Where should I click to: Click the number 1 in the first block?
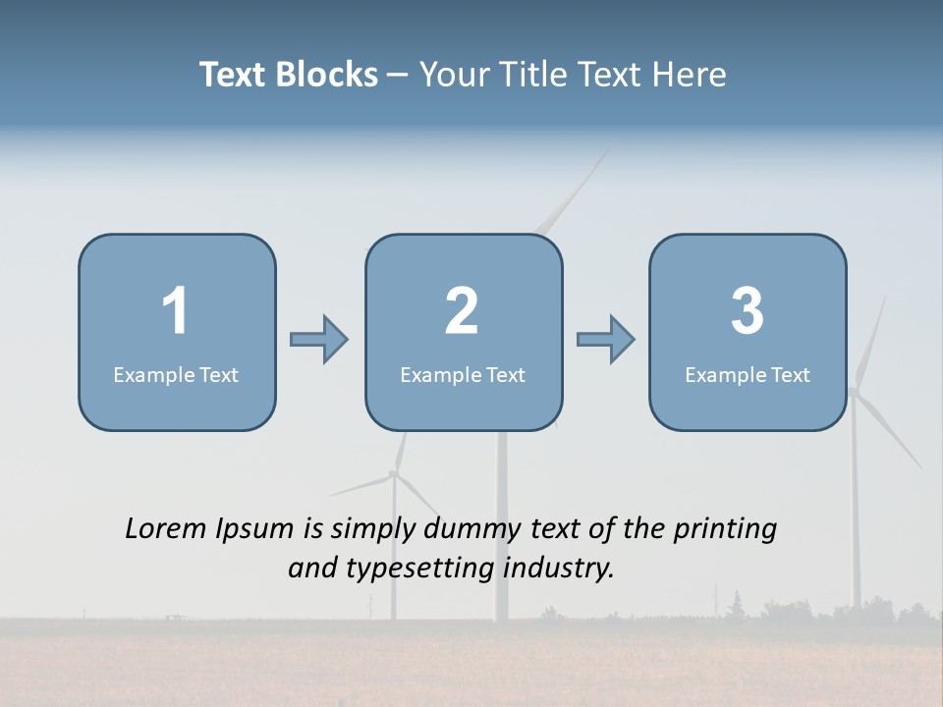[x=176, y=311]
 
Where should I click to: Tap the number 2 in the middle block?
[x=462, y=311]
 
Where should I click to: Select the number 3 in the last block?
[x=748, y=311]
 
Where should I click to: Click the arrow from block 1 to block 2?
[x=319, y=340]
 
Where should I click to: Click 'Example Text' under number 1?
[x=176, y=374]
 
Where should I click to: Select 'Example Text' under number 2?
[x=463, y=374]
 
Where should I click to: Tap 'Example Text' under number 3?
[x=748, y=374]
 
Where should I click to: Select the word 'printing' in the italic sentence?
[x=725, y=530]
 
